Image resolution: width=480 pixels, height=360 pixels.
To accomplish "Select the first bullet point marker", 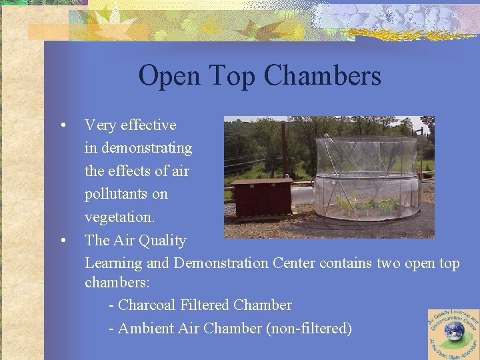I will click(62, 125).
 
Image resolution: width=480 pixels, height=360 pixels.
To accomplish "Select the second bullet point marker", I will click(62, 241).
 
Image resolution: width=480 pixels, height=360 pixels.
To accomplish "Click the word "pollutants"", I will click(126, 194).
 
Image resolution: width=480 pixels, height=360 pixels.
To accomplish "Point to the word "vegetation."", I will click(127, 217).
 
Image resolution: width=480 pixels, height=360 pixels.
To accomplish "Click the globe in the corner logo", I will click(455, 331).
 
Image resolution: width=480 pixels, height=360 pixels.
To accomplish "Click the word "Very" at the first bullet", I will click(100, 125).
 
